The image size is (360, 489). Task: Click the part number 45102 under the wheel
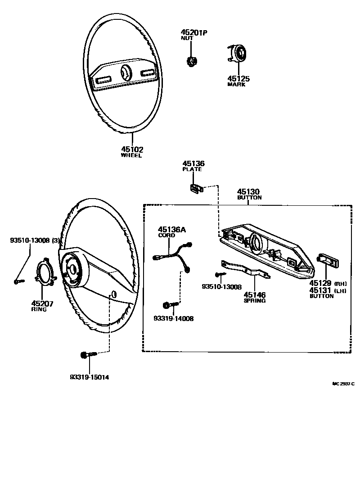(132, 149)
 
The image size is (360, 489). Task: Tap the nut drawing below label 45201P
(193, 60)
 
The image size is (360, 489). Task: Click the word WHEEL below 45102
(131, 156)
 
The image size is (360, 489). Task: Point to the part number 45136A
(171, 230)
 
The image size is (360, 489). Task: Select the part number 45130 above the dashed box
(248, 192)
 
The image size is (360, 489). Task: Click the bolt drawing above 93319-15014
(86, 356)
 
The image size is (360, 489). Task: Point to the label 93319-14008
(173, 318)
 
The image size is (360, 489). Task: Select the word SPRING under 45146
(254, 301)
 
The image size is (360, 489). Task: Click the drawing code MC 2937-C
(343, 384)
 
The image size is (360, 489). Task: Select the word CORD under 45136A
(166, 235)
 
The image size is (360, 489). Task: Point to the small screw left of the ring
(18, 282)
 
